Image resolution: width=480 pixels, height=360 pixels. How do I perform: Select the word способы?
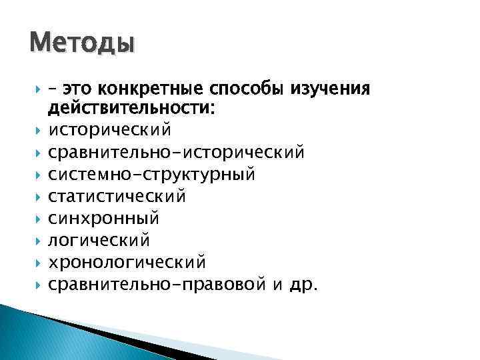tap(241, 89)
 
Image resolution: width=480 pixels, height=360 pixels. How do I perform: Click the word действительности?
tap(130, 108)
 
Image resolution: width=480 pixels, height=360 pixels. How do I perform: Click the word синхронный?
tap(103, 217)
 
